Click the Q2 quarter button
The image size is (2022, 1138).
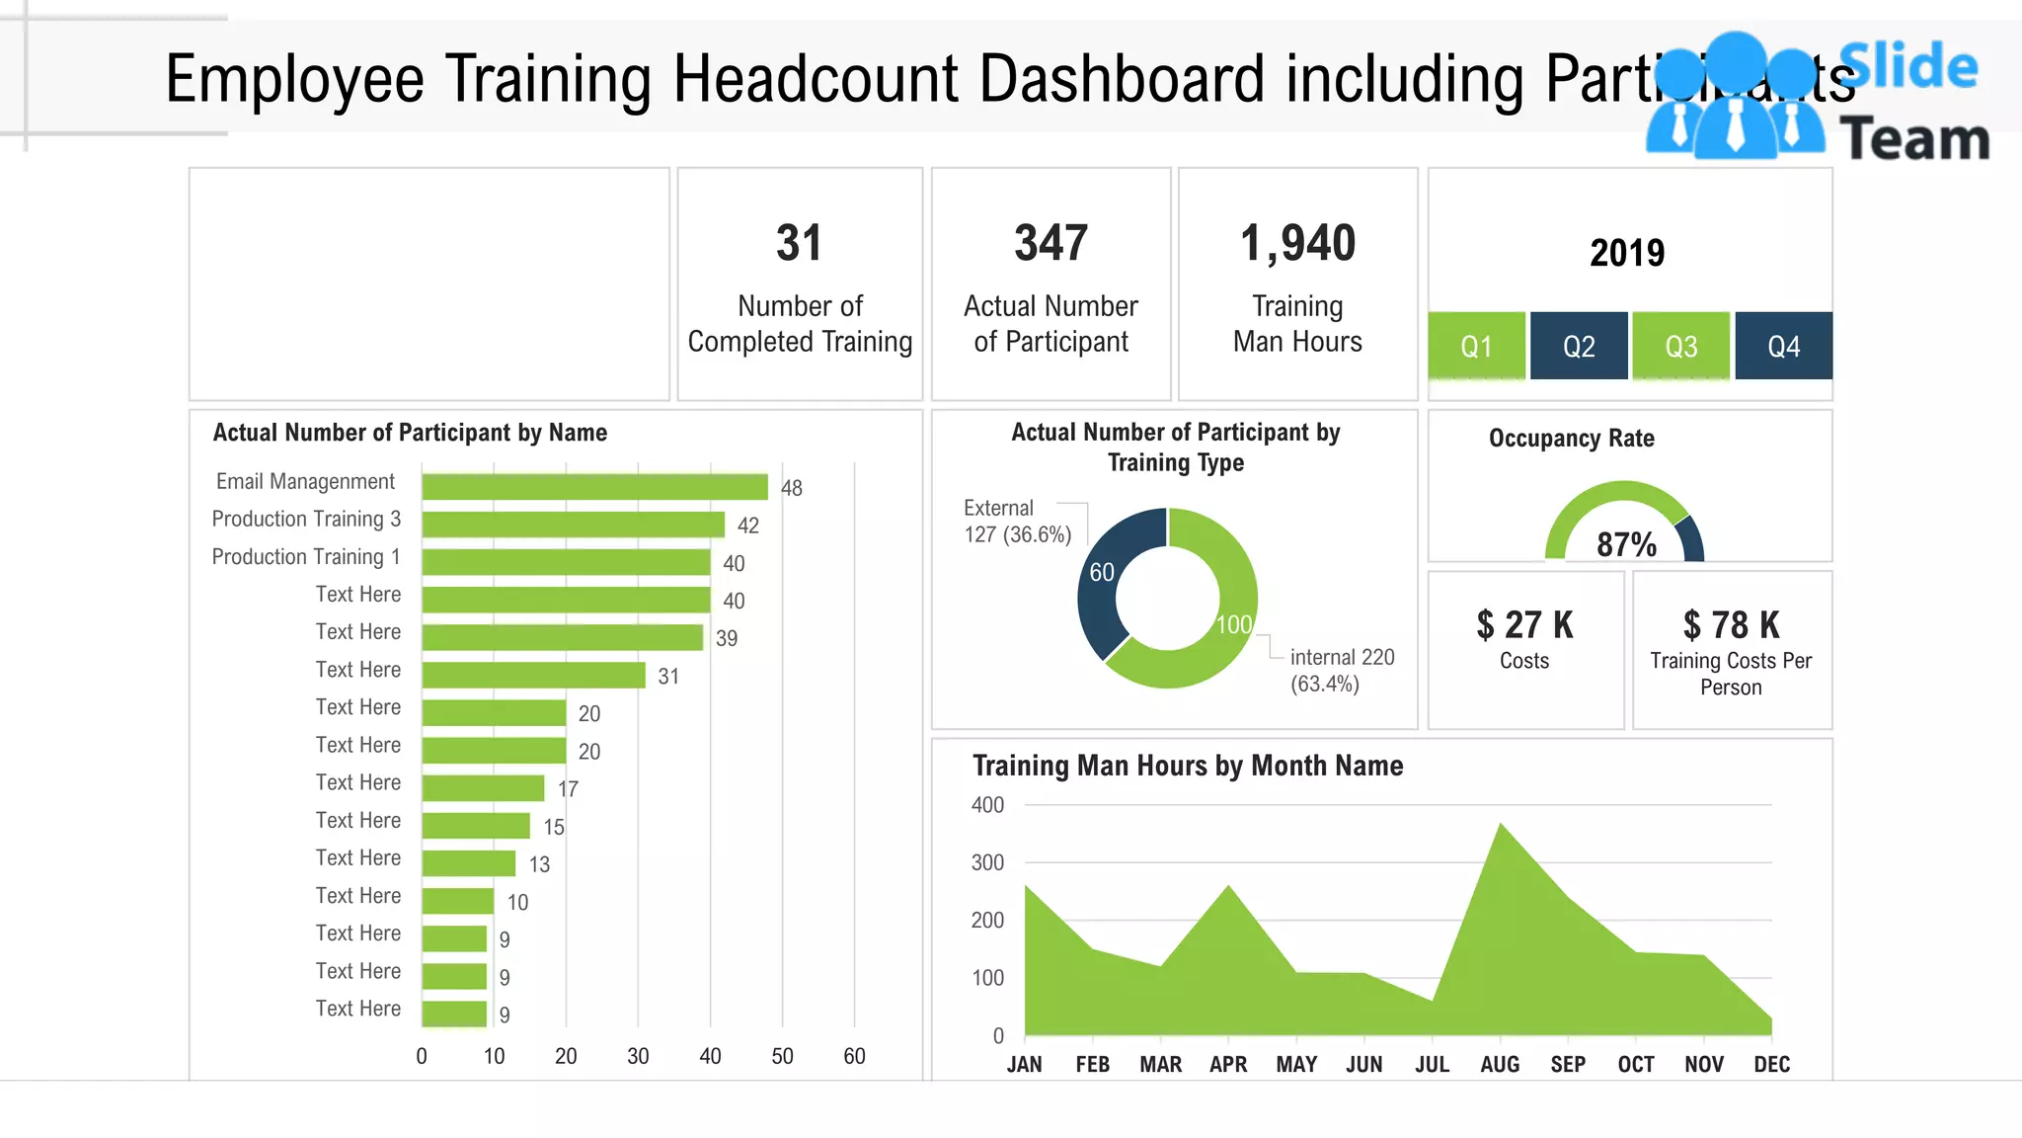pos(1578,346)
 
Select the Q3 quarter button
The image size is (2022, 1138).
pos(1680,346)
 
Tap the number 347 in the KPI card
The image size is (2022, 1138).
pos(1050,243)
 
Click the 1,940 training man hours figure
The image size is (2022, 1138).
pos(1297,243)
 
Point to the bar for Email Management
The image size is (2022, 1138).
pos(594,487)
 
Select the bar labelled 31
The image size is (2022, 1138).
pos(533,676)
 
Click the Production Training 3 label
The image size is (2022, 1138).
pos(306,520)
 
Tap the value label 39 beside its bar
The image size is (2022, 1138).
pos(727,639)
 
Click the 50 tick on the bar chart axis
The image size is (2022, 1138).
pos(782,1056)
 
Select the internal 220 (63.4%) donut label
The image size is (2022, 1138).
pos(1341,671)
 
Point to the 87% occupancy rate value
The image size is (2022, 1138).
pos(1626,544)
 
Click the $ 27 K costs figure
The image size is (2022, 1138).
pos(1524,625)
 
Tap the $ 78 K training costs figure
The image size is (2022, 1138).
pos(1731,625)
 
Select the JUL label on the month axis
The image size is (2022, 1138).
pos(1432,1065)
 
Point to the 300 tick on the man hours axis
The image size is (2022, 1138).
pos(987,862)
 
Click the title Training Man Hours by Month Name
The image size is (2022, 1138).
pos(1187,766)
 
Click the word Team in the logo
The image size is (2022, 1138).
pos(1914,138)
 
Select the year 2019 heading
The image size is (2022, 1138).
pos(1627,253)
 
